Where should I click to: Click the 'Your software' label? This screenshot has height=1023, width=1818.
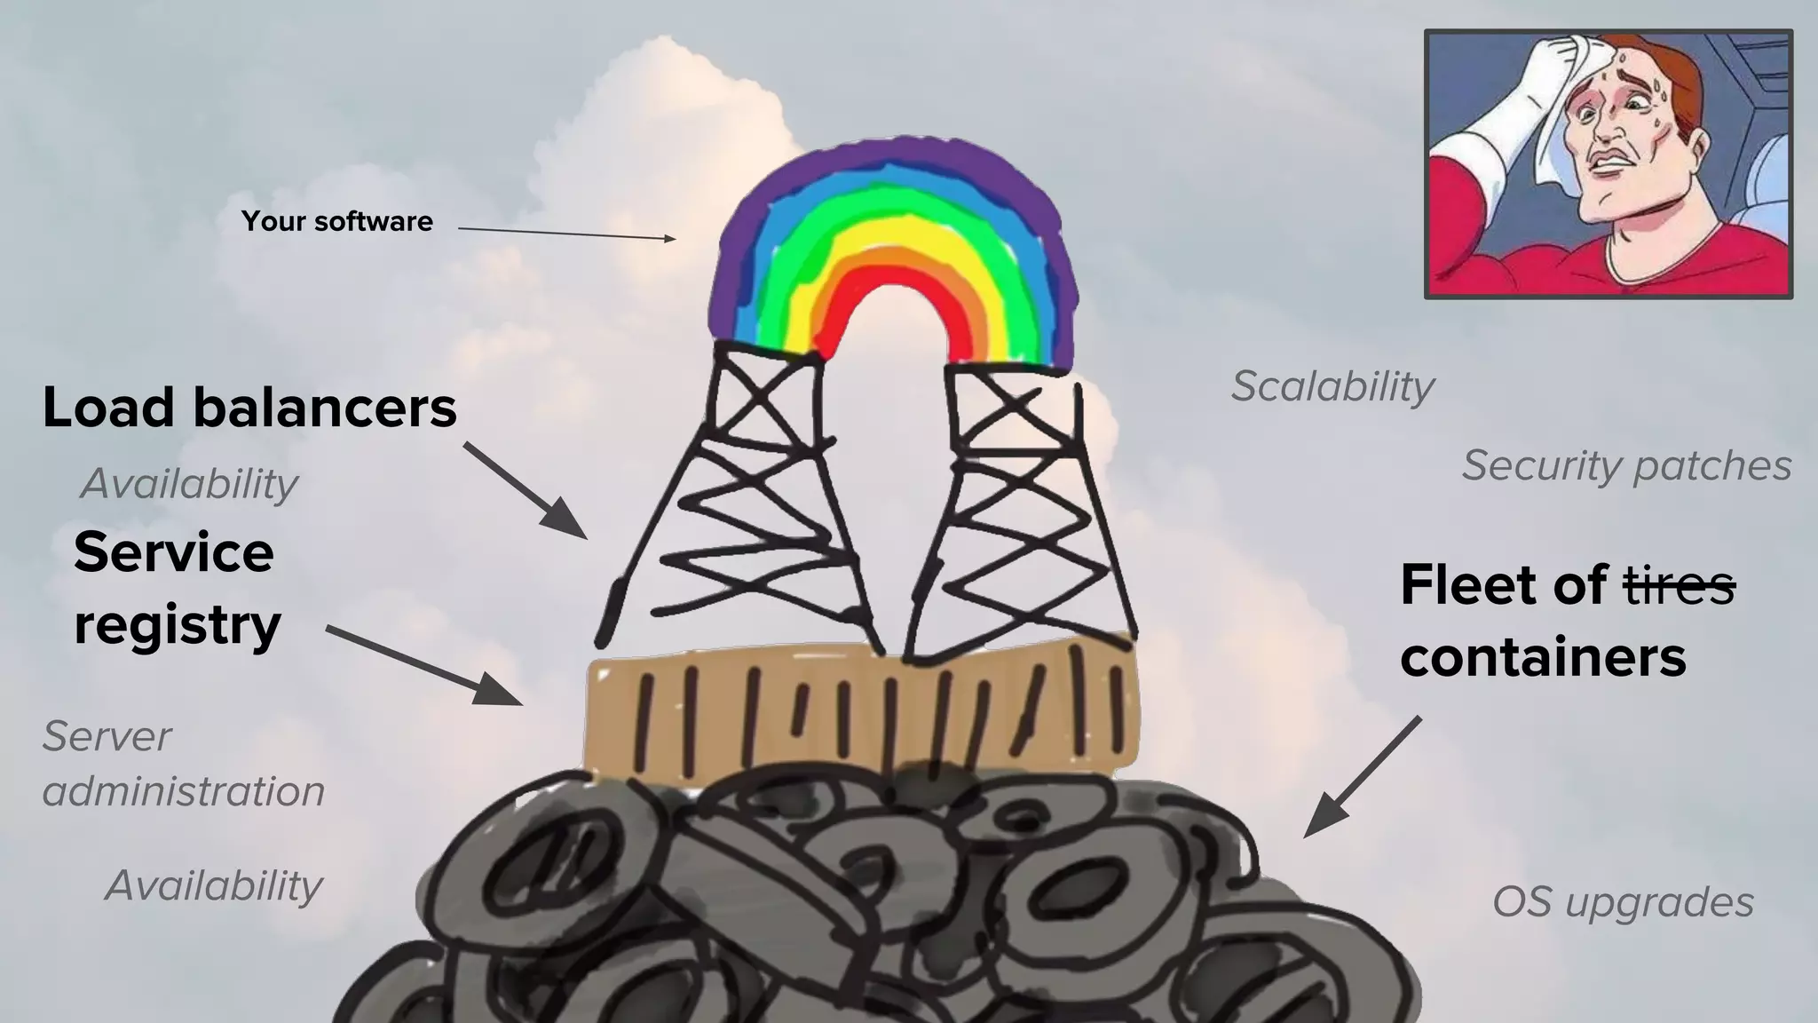tap(337, 221)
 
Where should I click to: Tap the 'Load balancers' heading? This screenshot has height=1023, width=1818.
tap(249, 408)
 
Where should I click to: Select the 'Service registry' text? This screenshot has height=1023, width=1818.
tap(177, 588)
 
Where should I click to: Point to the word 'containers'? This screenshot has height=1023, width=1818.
tap(1543, 657)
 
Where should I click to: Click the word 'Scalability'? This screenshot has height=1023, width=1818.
tap(1332, 386)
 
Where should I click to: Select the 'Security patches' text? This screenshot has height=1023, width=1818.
tap(1626, 465)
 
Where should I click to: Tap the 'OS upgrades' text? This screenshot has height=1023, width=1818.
tap(1623, 902)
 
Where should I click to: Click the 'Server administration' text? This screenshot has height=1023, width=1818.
tap(183, 764)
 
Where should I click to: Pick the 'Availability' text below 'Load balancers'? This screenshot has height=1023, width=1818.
tap(189, 484)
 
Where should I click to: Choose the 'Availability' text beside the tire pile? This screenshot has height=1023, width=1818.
tap(213, 885)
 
